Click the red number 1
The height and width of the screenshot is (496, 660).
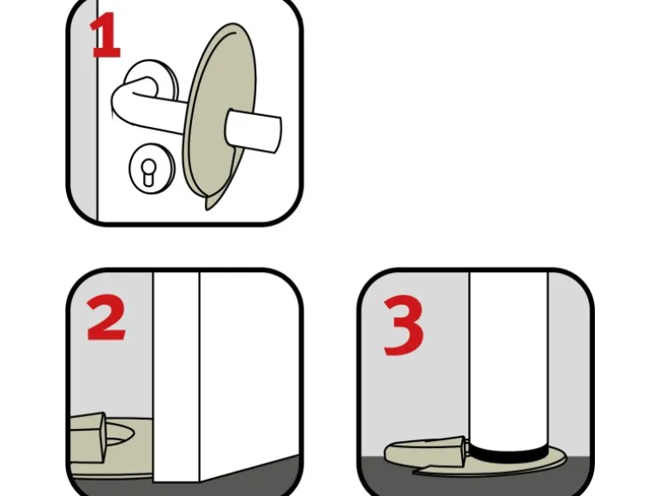[105, 35]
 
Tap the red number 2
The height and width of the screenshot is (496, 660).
[105, 318]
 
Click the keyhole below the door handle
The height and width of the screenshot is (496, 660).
[147, 171]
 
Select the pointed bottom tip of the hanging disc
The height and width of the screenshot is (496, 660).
[207, 209]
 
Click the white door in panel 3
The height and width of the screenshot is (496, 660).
[508, 358]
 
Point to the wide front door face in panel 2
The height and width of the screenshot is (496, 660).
[249, 371]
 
